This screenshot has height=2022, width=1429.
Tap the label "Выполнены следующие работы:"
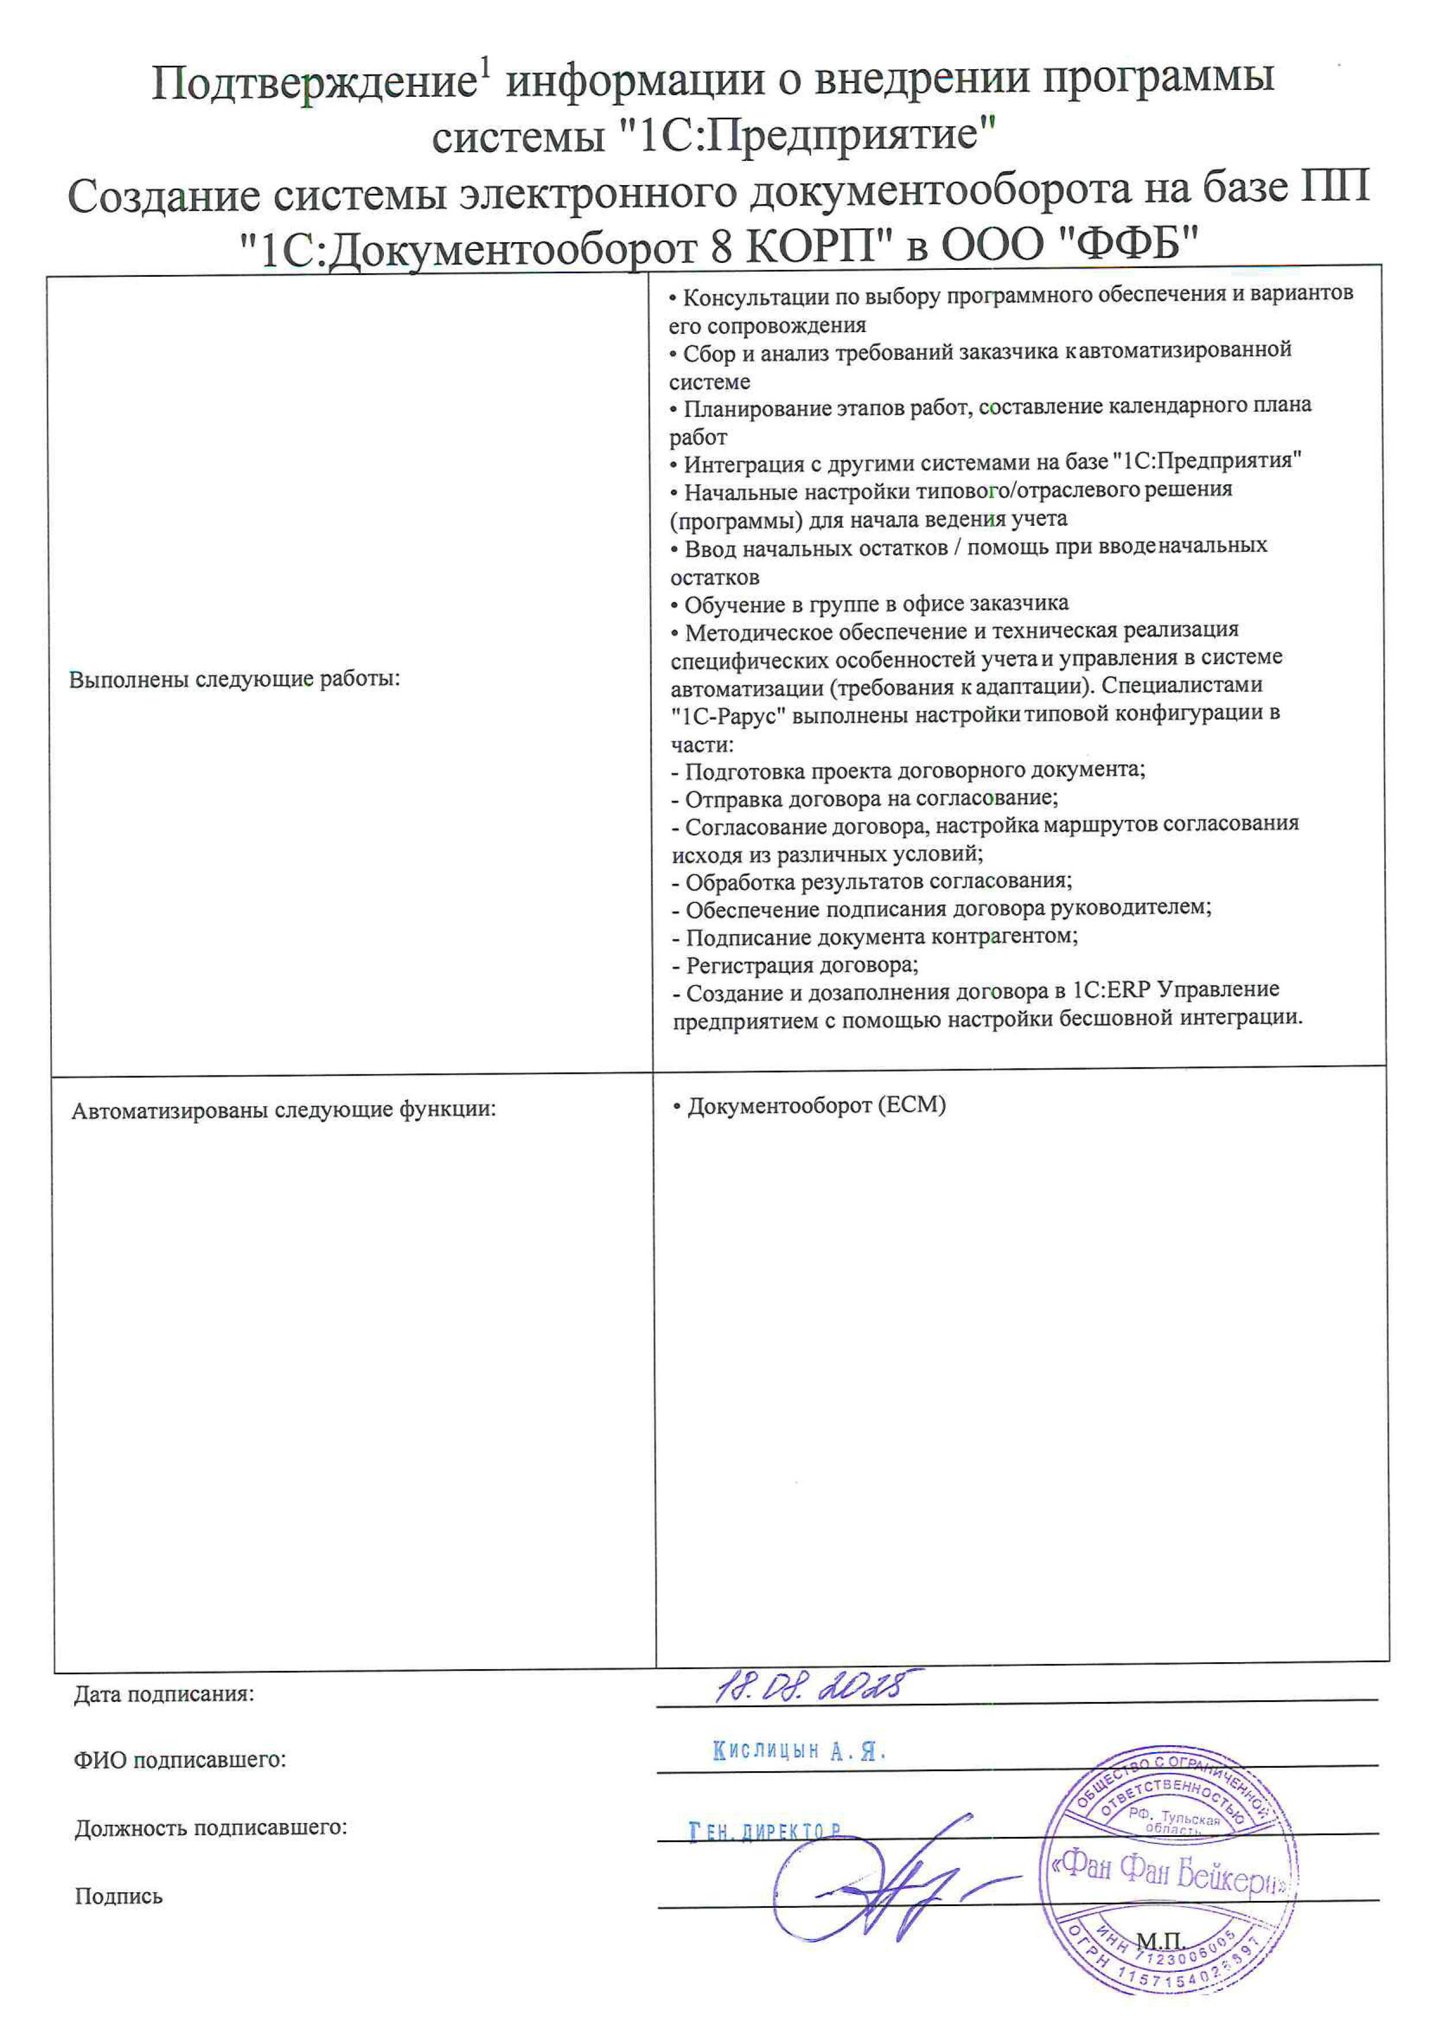click(x=234, y=679)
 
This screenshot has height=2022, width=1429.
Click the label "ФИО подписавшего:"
click(x=180, y=1760)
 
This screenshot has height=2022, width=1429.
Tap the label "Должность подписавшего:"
click(x=210, y=1828)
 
